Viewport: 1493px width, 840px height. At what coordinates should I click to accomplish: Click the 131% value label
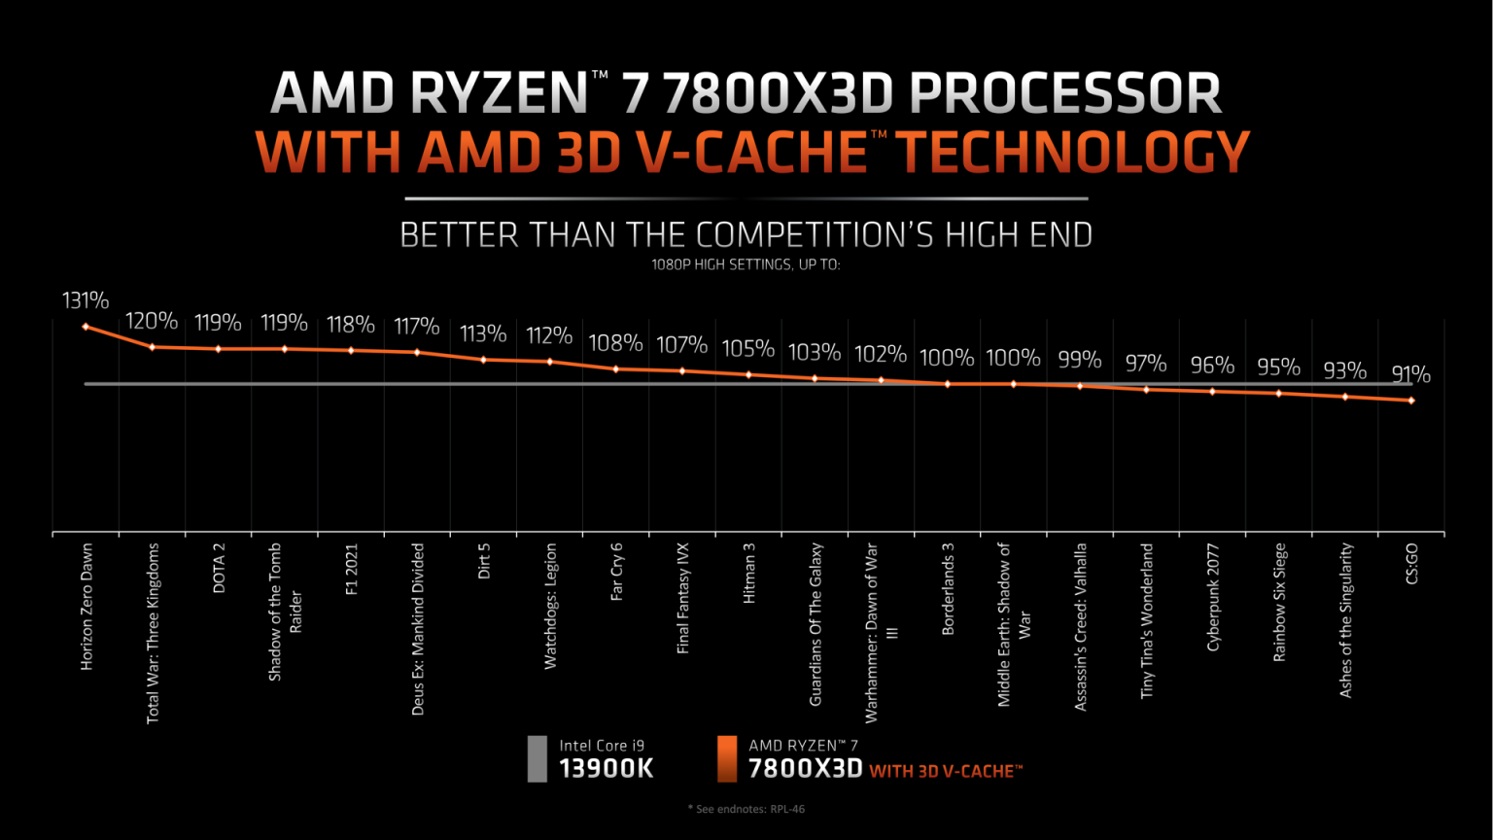86,300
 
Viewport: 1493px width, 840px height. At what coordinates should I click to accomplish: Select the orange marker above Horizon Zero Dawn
86,327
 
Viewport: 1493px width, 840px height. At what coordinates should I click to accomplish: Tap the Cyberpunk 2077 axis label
1213,597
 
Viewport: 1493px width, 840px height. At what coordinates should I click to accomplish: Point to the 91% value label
1410,374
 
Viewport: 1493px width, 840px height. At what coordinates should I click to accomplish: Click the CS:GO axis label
1412,564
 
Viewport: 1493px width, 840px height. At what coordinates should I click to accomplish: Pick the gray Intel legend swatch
537,758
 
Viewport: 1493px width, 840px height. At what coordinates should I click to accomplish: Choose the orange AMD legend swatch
726,758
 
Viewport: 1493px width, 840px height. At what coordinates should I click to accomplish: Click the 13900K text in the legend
607,769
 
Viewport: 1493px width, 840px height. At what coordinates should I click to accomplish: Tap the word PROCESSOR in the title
1065,94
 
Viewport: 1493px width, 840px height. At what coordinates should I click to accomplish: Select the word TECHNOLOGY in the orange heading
1071,153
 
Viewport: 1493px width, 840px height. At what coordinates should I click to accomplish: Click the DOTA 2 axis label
219,568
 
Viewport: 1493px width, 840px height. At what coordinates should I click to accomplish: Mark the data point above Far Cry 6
616,368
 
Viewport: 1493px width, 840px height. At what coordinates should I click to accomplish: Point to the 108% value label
615,343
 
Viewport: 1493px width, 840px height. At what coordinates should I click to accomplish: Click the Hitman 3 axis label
749,574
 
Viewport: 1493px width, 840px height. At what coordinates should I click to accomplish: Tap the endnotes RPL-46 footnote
746,809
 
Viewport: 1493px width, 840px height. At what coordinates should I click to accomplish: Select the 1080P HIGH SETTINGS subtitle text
746,263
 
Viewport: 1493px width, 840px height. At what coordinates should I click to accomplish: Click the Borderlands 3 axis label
949,588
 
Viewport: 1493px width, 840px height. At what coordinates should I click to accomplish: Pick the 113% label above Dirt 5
483,334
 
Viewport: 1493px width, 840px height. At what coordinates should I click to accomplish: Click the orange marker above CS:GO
1411,400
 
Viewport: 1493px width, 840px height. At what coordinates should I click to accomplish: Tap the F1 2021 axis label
352,569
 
